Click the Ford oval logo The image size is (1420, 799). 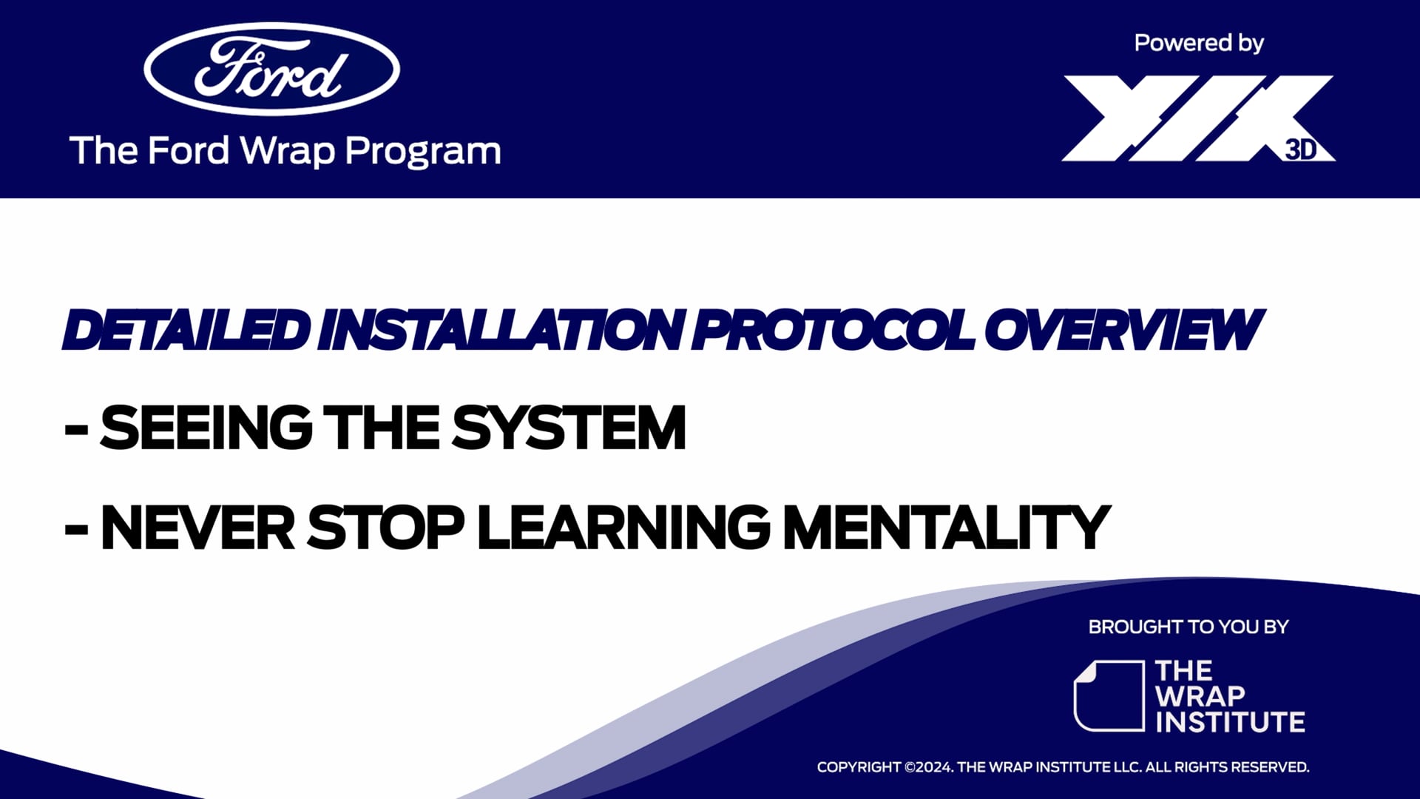[x=271, y=69]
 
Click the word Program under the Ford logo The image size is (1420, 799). [x=422, y=151]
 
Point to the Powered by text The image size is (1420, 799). [x=1198, y=43]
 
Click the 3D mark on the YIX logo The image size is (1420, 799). [x=1301, y=149]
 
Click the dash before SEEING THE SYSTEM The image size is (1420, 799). [x=76, y=430]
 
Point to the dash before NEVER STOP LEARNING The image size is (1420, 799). [x=76, y=530]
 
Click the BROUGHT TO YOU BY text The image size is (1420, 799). [x=1188, y=627]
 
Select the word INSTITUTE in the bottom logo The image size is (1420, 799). [x=1230, y=722]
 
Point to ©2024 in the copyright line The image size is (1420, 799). [x=928, y=767]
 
